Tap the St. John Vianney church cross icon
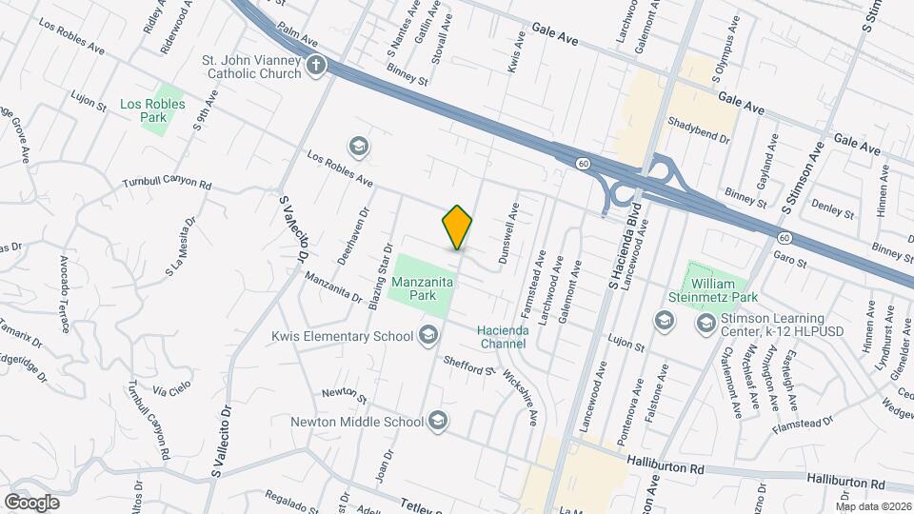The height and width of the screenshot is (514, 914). coord(316,65)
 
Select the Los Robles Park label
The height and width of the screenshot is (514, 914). coord(144,109)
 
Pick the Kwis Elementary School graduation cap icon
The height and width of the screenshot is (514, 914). coord(428,334)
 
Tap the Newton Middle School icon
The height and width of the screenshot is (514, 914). coord(438,421)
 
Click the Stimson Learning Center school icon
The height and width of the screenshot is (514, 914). coord(705,324)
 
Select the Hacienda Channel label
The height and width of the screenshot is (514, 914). coord(503,336)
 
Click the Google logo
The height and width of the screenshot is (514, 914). coord(31,502)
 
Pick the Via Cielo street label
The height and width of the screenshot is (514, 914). coord(172,391)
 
